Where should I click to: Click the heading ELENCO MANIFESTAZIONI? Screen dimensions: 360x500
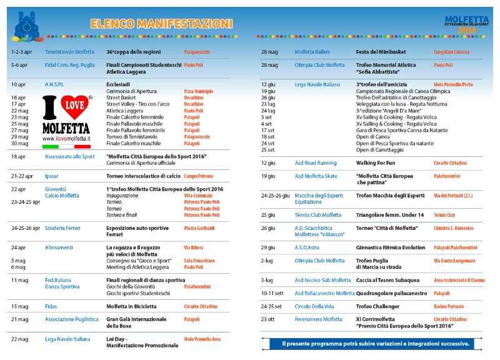161,24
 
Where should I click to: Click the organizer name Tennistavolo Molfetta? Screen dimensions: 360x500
69,51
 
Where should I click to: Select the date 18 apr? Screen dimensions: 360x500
19,157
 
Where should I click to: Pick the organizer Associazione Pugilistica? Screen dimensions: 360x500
71,319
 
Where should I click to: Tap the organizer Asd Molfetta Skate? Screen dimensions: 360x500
316,176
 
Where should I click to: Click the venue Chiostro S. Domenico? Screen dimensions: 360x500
455,228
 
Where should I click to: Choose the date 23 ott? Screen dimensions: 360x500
269,319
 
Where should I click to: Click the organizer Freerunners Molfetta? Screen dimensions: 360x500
319,319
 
